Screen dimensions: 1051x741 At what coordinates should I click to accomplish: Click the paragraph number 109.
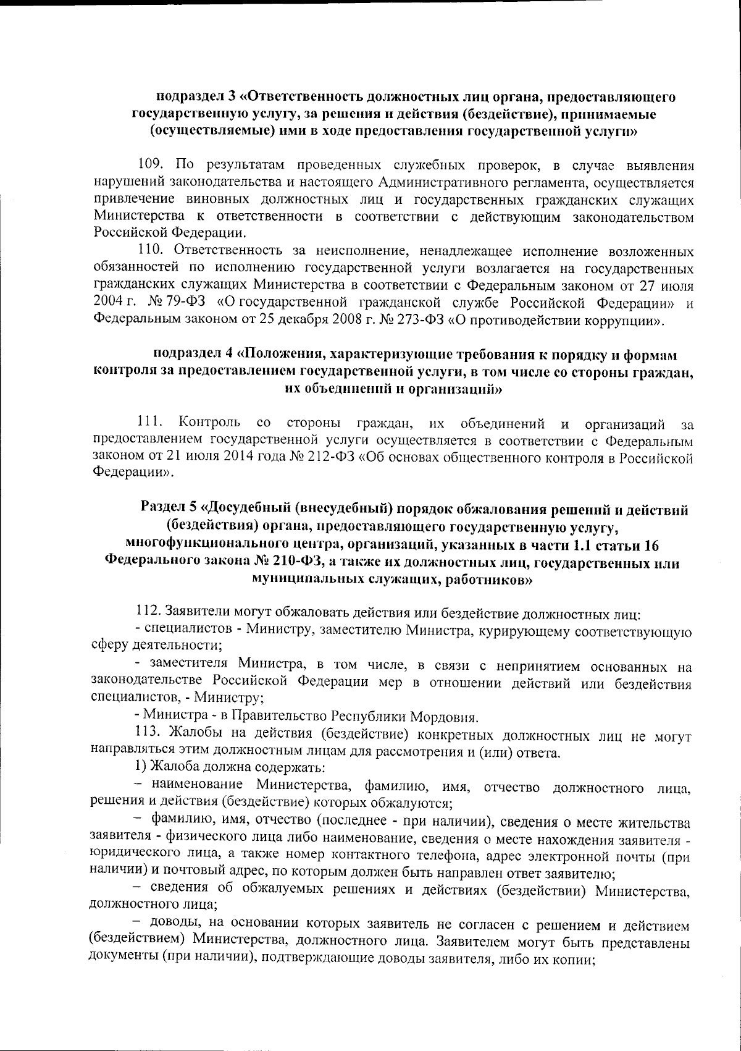tap(150, 166)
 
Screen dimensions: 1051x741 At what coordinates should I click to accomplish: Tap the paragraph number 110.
tap(150, 251)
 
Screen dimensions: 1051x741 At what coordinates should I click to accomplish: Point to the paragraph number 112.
tap(149, 614)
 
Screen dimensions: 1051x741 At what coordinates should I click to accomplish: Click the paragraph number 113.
tap(149, 736)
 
